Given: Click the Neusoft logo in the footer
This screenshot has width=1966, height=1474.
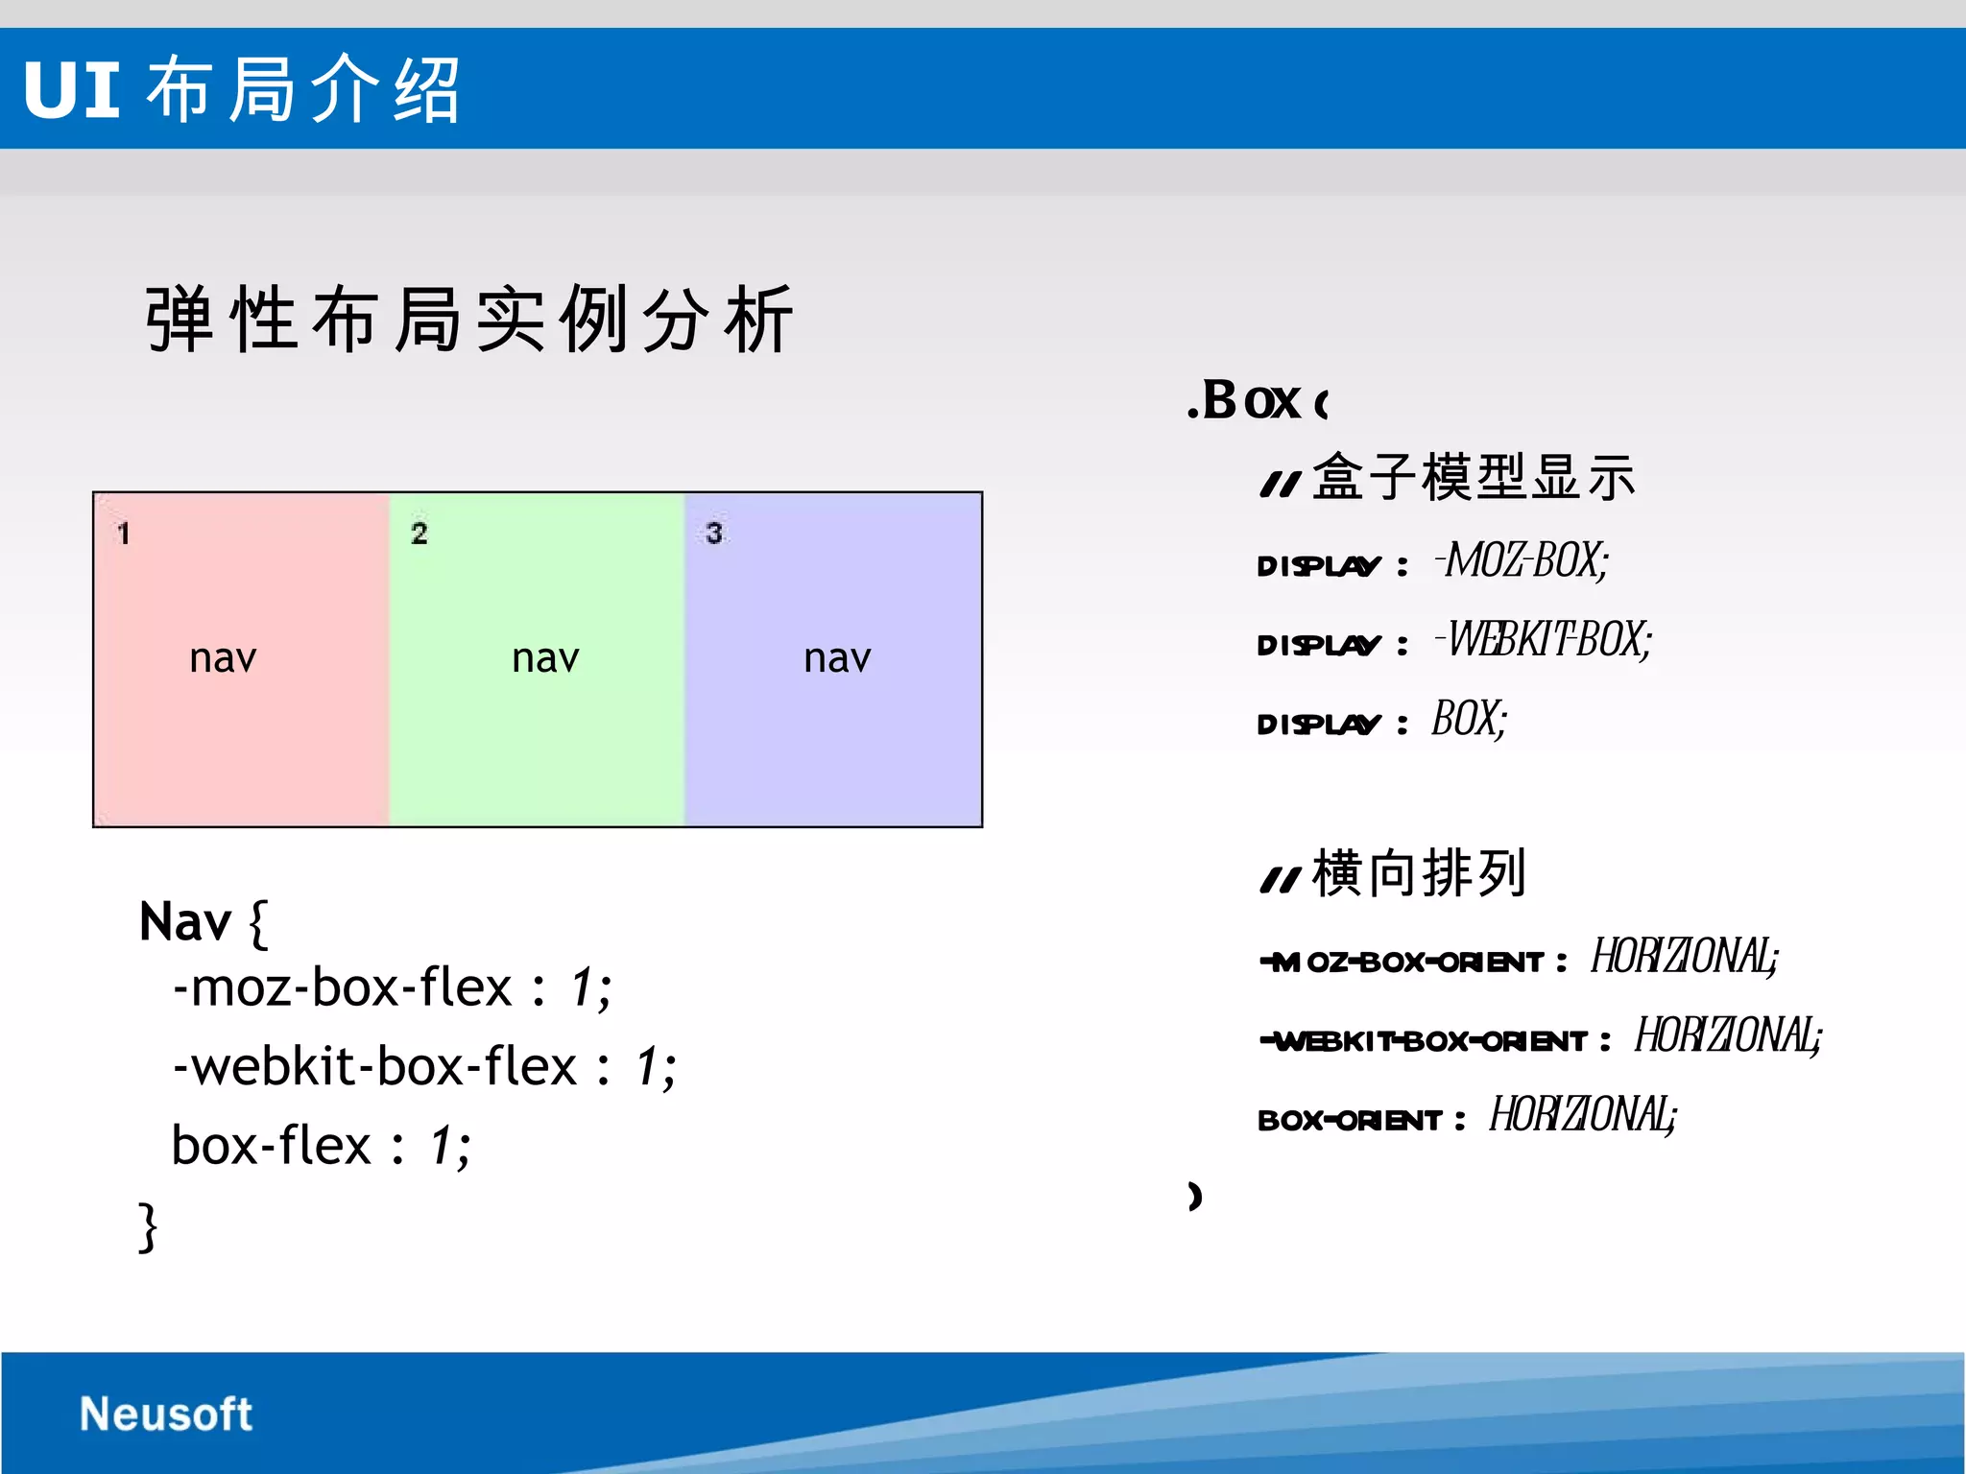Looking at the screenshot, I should click(x=165, y=1414).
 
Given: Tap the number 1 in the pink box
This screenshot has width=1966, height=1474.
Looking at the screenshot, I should click(x=123, y=534).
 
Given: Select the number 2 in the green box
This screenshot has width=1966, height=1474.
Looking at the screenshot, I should click(x=419, y=534).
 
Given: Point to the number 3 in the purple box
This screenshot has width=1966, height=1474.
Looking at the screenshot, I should click(x=713, y=534).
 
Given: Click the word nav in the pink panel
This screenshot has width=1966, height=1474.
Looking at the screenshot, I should click(x=223, y=658).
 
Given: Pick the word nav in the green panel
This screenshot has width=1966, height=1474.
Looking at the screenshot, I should click(x=545, y=658).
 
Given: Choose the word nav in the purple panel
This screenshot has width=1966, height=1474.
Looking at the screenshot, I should click(x=837, y=658).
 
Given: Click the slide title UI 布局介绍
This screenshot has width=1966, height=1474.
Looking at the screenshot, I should click(x=242, y=90).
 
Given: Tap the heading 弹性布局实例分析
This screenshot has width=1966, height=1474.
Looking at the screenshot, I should click(x=470, y=319).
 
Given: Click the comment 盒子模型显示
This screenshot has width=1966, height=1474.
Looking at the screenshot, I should click(x=1473, y=477).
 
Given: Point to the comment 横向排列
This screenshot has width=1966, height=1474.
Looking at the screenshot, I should click(x=1418, y=873).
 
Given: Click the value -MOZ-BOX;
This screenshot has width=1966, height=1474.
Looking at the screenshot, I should click(x=1522, y=560).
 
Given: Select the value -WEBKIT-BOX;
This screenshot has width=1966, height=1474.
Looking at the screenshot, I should click(x=1544, y=640).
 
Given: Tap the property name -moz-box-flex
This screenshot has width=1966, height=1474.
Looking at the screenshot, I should click(x=342, y=988).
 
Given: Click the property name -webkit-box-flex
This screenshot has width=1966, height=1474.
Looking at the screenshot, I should click(x=374, y=1067).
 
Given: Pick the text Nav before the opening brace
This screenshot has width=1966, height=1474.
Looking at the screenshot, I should click(x=184, y=922).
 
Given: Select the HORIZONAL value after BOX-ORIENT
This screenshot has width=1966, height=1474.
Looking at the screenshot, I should click(x=1582, y=1115).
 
